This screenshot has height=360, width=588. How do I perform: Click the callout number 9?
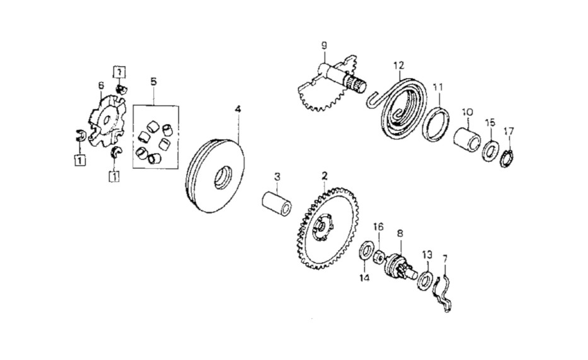324,46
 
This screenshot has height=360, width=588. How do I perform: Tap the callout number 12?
399,65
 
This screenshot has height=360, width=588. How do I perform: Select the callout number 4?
238,110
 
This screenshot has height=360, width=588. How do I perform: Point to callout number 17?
509,132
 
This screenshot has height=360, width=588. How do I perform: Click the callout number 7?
445,258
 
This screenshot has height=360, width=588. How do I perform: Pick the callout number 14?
364,278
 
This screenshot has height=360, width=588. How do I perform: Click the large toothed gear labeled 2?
327,229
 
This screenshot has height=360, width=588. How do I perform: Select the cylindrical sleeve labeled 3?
277,204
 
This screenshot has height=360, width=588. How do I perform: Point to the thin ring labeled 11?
436,124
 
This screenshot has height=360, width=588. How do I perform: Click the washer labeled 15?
490,151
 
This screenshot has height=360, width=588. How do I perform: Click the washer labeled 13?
425,279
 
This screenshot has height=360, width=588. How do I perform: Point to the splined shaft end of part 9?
356,84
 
